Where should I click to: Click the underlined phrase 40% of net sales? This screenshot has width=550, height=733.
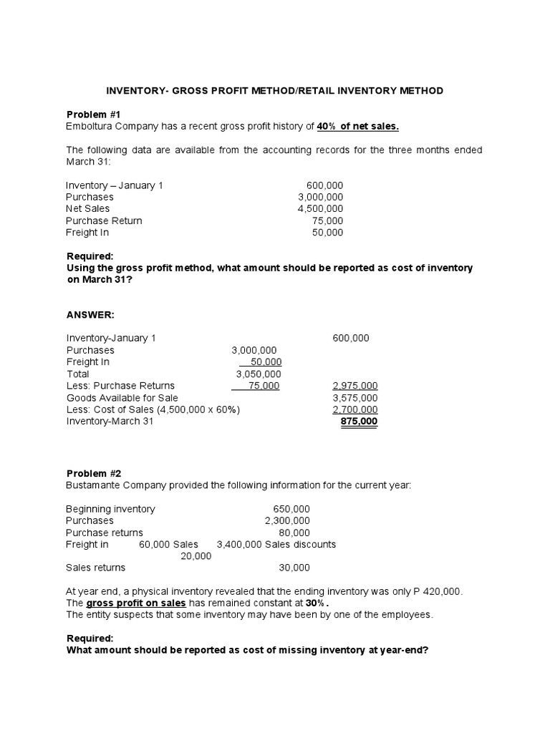click(357, 127)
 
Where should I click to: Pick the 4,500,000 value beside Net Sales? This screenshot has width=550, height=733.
click(320, 209)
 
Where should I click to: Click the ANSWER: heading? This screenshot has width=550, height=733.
click(90, 314)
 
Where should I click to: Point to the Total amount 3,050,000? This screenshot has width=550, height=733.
click(259, 374)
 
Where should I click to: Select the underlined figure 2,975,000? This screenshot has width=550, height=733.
click(355, 386)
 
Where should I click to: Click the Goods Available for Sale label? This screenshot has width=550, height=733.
click(122, 398)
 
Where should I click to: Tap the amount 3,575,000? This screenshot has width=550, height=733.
click(355, 398)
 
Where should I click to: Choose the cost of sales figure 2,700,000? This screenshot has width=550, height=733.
click(355, 410)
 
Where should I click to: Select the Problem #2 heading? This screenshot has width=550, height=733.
click(94, 474)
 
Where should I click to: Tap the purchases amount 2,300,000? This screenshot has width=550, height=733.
click(287, 520)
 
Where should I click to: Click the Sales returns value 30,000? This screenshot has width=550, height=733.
click(294, 568)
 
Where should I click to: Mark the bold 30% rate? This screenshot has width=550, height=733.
click(314, 603)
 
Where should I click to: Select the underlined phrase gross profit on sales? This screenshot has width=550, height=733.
click(126, 603)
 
